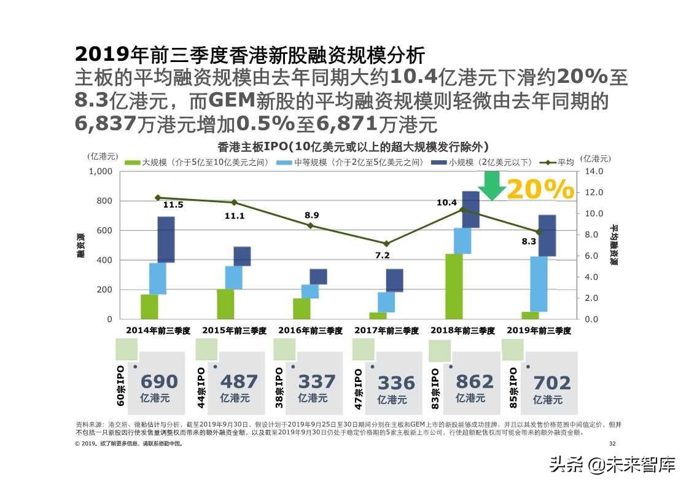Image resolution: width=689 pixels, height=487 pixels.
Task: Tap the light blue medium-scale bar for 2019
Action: point(539,284)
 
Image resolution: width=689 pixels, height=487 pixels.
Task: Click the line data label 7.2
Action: point(383,255)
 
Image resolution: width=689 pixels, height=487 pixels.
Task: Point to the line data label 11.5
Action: point(173,205)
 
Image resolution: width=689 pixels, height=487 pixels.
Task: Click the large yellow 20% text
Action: point(540,190)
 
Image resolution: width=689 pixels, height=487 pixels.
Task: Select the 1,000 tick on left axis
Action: point(101,171)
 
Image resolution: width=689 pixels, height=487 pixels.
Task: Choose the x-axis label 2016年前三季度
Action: point(310,330)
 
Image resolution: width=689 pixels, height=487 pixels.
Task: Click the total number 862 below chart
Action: point(475,382)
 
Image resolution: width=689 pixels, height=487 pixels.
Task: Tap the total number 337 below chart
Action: point(317,382)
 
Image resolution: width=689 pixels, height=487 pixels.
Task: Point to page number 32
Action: point(611,443)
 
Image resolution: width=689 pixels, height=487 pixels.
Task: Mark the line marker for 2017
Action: point(386,244)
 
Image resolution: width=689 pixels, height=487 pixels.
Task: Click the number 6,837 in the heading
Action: point(105,124)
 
